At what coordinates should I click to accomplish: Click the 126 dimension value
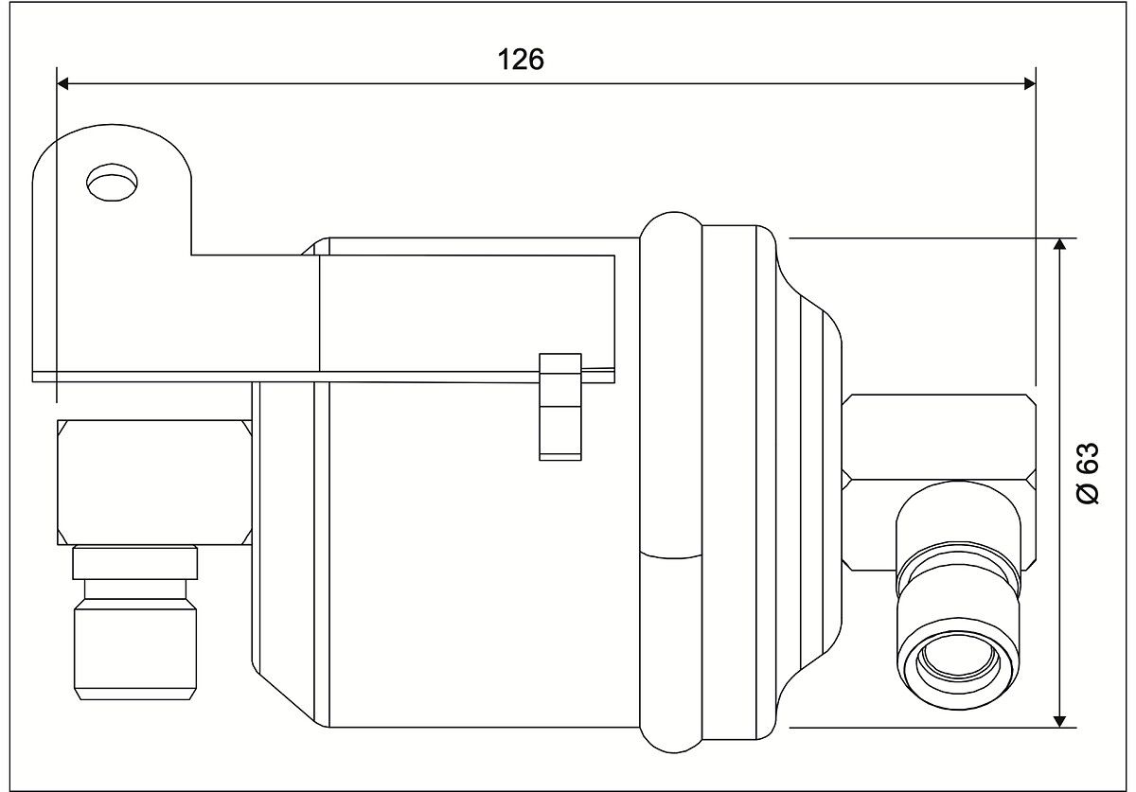[521, 60]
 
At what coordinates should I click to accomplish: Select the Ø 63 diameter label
[1088, 473]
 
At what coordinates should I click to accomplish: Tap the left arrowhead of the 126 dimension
[62, 83]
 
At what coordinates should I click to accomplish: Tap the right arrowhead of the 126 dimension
[1030, 83]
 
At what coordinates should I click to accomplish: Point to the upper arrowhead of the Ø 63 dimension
[1059, 244]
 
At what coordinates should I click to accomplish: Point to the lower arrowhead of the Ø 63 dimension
[1059, 722]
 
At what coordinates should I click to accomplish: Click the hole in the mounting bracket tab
[112, 183]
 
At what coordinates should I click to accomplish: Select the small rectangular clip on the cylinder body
[559, 407]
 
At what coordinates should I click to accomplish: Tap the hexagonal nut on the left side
[154, 483]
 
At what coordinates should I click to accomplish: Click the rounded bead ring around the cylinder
[671, 483]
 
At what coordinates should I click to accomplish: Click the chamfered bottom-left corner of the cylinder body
[289, 699]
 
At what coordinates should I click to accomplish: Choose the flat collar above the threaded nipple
[134, 562]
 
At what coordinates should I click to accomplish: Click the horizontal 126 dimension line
[546, 83]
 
